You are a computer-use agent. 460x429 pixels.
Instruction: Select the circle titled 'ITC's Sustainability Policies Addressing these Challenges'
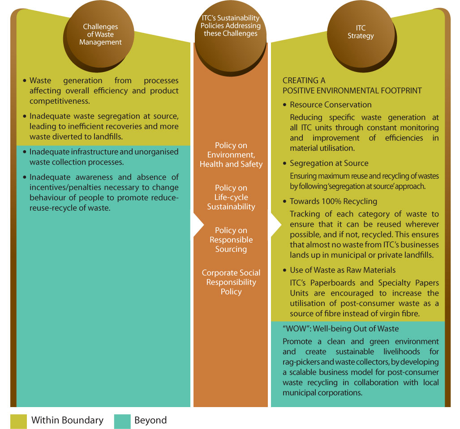(231, 37)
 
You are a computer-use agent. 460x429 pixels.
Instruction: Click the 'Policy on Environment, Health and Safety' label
(231, 155)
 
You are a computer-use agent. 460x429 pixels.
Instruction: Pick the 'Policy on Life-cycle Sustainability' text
(231, 197)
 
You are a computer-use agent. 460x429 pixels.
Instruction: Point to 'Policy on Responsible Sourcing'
(231, 240)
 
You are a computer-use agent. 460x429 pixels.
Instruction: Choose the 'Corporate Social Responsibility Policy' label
(231, 282)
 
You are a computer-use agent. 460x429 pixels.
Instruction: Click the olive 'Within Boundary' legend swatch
(18, 421)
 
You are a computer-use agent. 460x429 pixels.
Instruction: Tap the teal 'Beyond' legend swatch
(122, 421)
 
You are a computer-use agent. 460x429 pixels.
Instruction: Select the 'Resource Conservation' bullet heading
(331, 105)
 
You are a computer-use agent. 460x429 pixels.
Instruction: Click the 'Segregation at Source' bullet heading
(329, 163)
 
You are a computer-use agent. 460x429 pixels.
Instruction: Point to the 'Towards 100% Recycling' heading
(333, 201)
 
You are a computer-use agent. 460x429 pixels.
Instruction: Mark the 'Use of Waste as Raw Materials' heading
(343, 270)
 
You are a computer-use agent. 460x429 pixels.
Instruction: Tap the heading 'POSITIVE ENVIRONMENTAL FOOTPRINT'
(352, 90)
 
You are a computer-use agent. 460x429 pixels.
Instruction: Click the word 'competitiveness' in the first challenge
(60, 102)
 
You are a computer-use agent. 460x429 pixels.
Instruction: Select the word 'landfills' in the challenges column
(108, 136)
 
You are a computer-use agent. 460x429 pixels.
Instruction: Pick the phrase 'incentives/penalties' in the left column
(64, 187)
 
